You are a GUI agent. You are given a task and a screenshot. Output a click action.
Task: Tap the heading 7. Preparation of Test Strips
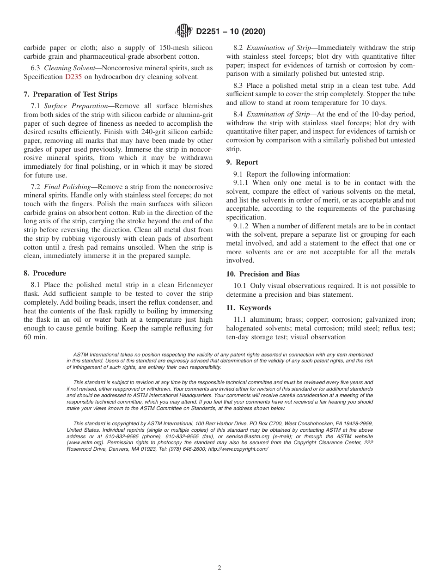[70, 94]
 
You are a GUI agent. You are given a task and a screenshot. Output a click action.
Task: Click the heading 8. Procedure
[45, 273]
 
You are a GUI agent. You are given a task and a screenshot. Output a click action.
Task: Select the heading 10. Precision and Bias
[262, 274]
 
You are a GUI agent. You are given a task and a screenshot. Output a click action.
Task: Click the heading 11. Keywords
[249, 308]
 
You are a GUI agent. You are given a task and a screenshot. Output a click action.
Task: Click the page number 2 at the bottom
[219, 568]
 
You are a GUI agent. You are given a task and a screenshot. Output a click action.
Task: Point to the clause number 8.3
[238, 86]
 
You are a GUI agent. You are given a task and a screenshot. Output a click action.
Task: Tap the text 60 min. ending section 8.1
[34, 337]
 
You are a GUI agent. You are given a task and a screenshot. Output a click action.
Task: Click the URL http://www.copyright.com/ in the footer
[238, 448]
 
